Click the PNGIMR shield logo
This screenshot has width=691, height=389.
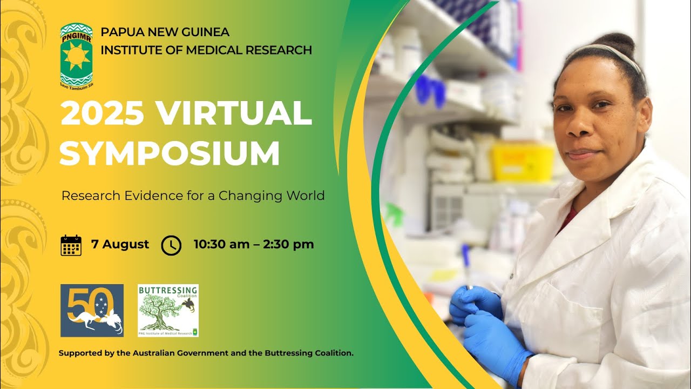click(x=76, y=55)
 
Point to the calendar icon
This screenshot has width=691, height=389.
click(x=71, y=245)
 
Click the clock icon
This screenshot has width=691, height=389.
click(x=171, y=245)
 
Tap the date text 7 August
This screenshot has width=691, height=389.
click(x=120, y=244)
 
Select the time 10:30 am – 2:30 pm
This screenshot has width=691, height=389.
click(x=254, y=244)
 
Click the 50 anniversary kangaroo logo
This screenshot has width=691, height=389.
click(x=92, y=311)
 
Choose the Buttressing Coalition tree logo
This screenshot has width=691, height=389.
click(x=168, y=311)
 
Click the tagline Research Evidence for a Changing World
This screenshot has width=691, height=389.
click(x=193, y=196)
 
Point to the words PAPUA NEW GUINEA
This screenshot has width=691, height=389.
click(x=165, y=32)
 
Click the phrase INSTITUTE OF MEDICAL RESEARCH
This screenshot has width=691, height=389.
click(x=206, y=50)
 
